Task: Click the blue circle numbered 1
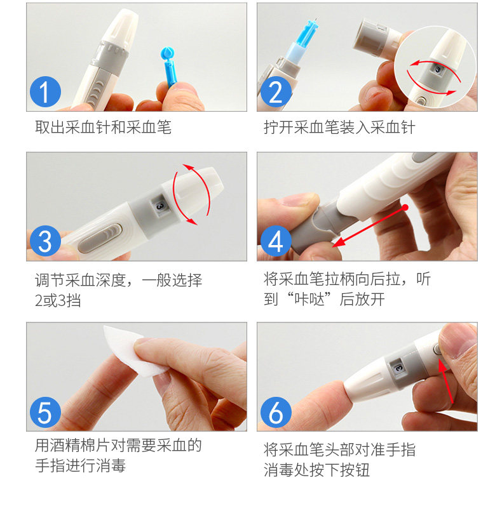coord(45,91)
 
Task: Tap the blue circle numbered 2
coord(276,91)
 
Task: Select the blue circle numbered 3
coord(45,241)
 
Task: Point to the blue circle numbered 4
coord(276,241)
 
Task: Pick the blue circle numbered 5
coord(45,413)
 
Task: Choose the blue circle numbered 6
coord(276,413)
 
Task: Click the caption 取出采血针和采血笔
coord(103,127)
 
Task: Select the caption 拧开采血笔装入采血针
coord(340,127)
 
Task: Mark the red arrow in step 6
coord(446,382)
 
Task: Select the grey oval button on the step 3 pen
coord(100,238)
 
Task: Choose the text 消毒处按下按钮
coord(316,470)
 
